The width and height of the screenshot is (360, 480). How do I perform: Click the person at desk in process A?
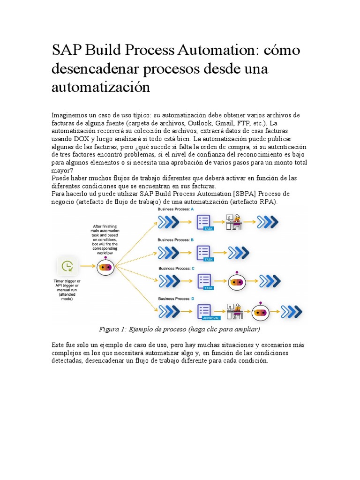pyautogui.click(x=235, y=222)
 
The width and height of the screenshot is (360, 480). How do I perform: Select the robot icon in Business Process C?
pyautogui.click(x=237, y=282)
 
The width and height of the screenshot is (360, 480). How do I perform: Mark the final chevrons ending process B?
pyautogui.click(x=238, y=253)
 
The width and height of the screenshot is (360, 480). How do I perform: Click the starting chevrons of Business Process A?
pyautogui.click(x=167, y=222)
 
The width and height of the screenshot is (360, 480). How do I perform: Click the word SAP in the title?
pyautogui.click(x=64, y=51)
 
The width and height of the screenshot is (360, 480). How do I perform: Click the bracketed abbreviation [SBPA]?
pyautogui.click(x=242, y=194)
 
